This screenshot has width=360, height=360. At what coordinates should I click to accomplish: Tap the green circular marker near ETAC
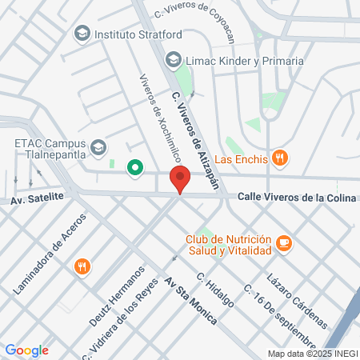[x=135, y=167]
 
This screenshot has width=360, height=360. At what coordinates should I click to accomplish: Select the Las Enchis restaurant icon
[x=279, y=158]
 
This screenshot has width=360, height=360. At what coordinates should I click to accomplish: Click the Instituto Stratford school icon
[x=82, y=34]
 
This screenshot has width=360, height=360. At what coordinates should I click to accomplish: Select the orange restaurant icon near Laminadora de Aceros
[x=82, y=266]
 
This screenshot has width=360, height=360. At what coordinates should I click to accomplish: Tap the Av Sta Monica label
[x=190, y=300]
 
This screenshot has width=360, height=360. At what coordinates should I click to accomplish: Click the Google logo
[x=26, y=350]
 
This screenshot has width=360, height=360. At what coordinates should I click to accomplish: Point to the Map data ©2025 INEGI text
[x=312, y=354]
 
